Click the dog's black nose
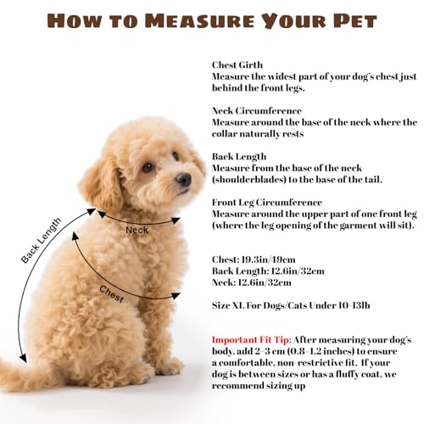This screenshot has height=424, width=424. pos(183,179)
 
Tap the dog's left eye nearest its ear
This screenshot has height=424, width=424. pos(148,167)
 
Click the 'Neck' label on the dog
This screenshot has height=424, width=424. pos(137,230)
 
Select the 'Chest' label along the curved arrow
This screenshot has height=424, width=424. pos(111,293)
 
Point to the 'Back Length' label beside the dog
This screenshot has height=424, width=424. pos(41,241)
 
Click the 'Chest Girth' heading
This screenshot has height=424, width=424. pos(237,64)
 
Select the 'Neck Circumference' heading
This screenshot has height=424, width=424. pos(257,110)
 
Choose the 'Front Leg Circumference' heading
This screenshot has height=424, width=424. pos(267,202)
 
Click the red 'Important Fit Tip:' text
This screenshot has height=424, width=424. pos(252,339)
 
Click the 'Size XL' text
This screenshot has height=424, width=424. pos(228,305)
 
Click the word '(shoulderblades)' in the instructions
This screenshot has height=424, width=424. pos(248,180)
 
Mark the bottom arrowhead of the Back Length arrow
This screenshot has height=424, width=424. pos(23,358)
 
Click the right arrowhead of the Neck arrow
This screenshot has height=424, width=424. pos(176,220)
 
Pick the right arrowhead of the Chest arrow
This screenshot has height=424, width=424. pos(176,296)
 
